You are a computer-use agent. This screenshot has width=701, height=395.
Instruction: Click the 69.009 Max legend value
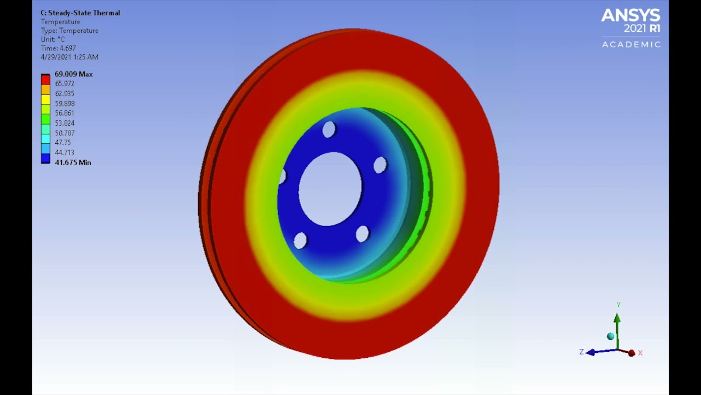[73, 74]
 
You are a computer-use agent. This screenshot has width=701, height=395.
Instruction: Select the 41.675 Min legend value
[72, 162]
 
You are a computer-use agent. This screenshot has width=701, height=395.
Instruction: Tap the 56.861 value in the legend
[65, 113]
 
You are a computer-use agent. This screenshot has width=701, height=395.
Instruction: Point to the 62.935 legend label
[65, 94]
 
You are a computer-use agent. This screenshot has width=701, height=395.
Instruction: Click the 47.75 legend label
[62, 143]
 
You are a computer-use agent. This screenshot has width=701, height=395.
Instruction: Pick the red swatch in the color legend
[45, 80]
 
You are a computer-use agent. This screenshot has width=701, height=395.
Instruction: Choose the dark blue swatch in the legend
[45, 159]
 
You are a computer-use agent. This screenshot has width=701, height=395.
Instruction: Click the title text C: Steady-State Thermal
[80, 13]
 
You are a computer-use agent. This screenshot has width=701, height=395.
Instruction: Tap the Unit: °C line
[53, 39]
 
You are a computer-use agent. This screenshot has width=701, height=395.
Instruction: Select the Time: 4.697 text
[58, 48]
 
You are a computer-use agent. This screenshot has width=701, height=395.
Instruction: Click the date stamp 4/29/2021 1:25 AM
[70, 57]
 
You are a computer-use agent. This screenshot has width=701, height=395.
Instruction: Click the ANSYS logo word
[630, 15]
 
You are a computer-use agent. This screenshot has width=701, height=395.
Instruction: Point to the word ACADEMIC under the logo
[631, 44]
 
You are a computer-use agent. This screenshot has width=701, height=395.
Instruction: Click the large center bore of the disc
[330, 189]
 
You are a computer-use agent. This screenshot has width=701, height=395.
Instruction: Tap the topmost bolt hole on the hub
[329, 130]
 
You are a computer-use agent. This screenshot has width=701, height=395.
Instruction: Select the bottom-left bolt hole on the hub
[300, 240]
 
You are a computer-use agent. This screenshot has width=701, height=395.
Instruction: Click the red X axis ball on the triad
[631, 353]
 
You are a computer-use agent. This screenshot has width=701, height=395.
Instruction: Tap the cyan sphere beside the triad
[611, 336]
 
